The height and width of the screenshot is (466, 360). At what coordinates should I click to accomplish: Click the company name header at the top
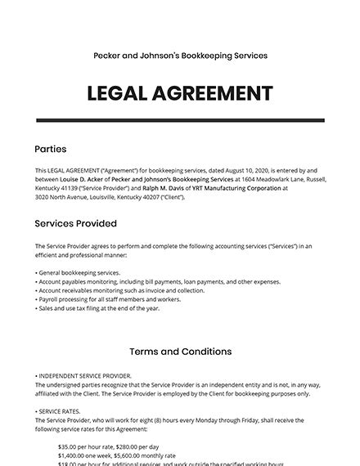[x=180, y=56]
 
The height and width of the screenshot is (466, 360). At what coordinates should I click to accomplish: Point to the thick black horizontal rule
[x=180, y=120]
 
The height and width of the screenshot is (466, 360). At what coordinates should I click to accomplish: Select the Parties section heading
[x=51, y=150]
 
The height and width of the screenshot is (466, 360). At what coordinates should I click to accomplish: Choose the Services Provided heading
[x=75, y=223]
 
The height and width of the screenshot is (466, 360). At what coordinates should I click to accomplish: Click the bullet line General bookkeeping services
[x=79, y=272]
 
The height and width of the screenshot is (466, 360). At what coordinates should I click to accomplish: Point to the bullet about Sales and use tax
[x=98, y=308]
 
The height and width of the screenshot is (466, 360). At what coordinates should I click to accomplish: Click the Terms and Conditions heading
[x=180, y=352]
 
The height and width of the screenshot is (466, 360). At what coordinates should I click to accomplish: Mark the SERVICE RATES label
[x=60, y=410]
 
